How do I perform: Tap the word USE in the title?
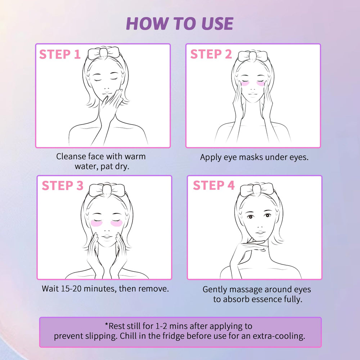tap(217, 23)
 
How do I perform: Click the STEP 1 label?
tap(60, 54)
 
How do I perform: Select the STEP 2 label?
tap(211, 54)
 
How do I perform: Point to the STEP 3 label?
tap(62, 185)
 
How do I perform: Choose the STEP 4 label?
tap(214, 185)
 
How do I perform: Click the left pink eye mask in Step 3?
tap(96, 223)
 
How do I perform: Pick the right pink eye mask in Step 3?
tap(117, 223)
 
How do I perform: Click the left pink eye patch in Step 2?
tap(245, 84)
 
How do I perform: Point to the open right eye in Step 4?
tap(267, 215)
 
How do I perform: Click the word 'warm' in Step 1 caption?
tap(135, 157)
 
